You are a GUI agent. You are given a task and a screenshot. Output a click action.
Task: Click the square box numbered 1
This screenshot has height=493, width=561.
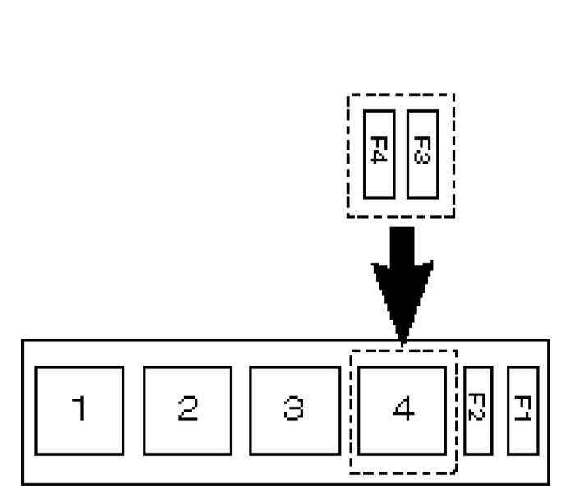click(x=80, y=410)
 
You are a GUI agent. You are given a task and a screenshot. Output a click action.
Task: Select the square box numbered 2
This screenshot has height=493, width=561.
click(x=187, y=410)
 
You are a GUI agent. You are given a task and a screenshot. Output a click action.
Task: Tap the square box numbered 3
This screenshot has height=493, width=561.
click(x=294, y=410)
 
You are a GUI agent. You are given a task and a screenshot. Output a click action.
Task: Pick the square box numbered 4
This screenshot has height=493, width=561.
click(x=402, y=410)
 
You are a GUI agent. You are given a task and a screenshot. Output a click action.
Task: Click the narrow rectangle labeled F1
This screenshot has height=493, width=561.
click(x=522, y=410)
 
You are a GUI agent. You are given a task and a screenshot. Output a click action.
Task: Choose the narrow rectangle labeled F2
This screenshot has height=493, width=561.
click(x=478, y=410)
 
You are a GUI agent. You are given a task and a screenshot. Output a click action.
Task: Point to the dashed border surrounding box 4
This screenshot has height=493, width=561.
click(x=352, y=411)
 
